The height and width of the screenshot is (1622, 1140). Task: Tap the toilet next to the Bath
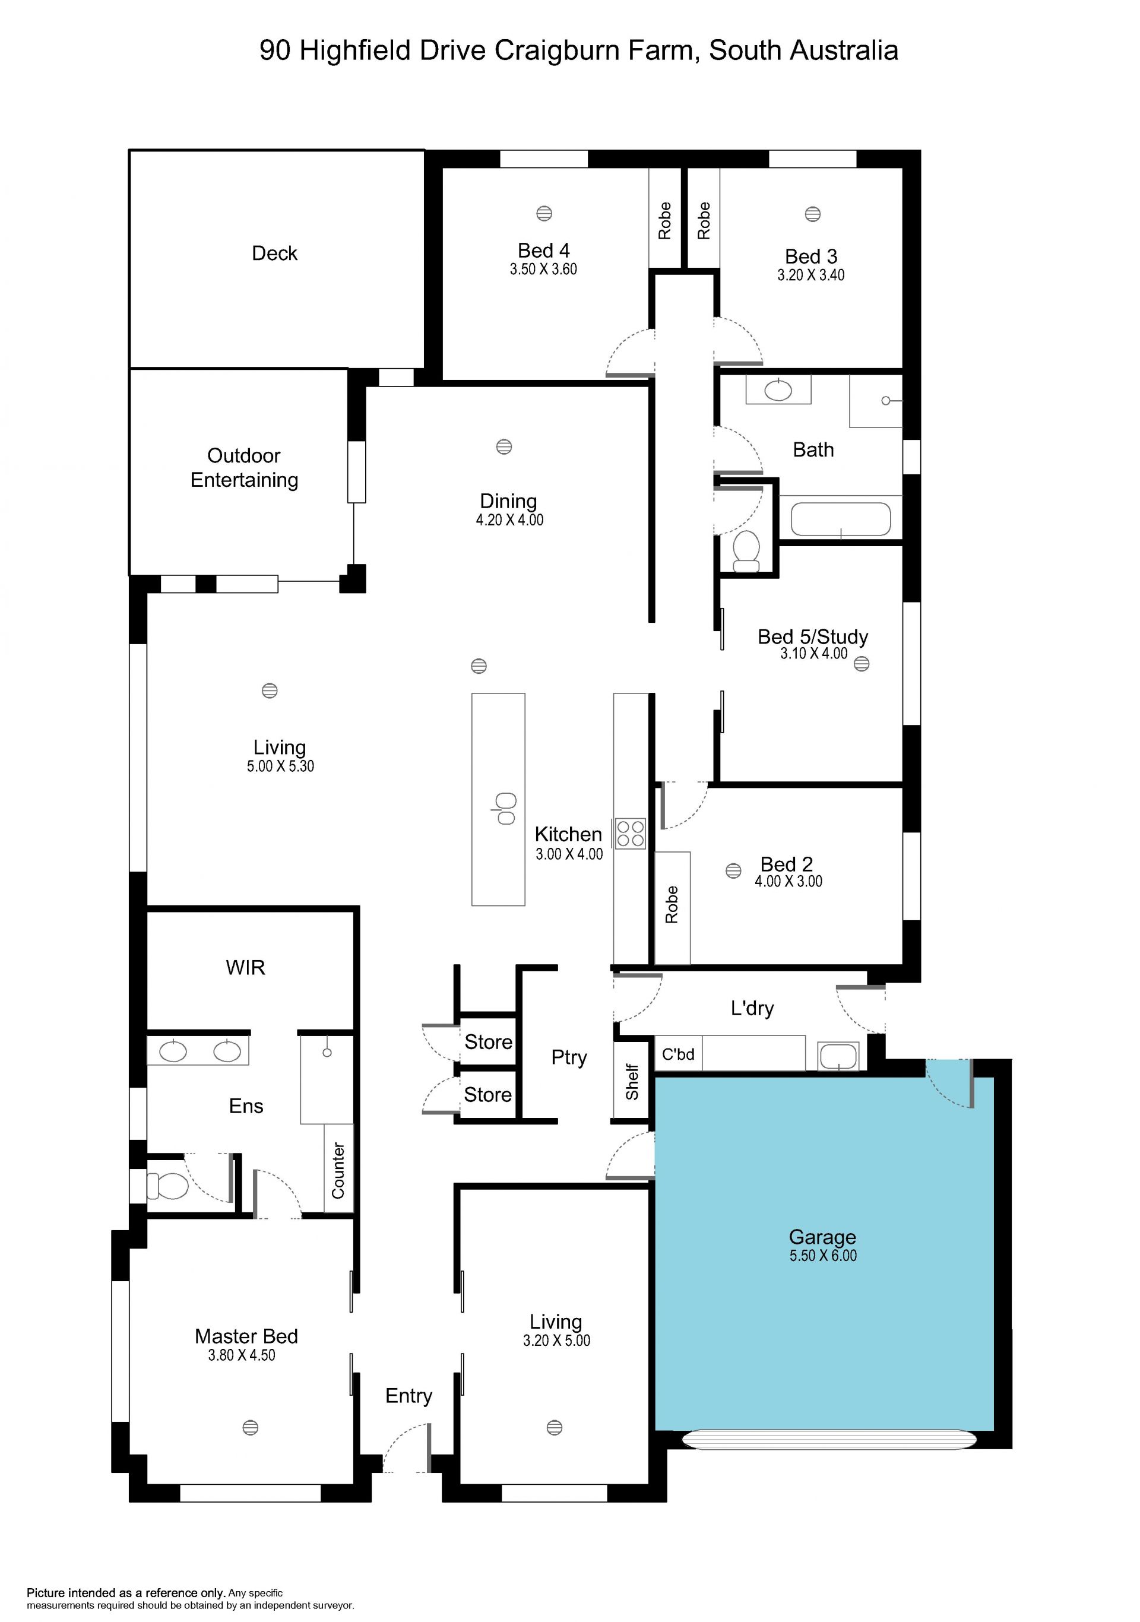pos(746,551)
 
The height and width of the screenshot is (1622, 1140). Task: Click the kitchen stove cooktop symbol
pos(630,833)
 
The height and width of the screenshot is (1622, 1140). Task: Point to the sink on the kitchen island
pos(505,809)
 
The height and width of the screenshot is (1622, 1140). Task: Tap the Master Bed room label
pos(246,1336)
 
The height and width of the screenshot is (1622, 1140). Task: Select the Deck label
pos(275,253)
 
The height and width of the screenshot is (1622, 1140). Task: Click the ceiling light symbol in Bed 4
pos(544,213)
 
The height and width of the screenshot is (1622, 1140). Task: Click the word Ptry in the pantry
pos(569,1057)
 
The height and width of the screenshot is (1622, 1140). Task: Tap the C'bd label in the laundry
pos(678,1054)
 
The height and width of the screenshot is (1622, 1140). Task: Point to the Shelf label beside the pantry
pos(632,1082)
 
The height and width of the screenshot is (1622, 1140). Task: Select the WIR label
pos(245,967)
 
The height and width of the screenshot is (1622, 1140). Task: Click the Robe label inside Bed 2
pos(672,904)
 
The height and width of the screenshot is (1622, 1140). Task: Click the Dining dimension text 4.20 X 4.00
pos(509,520)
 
